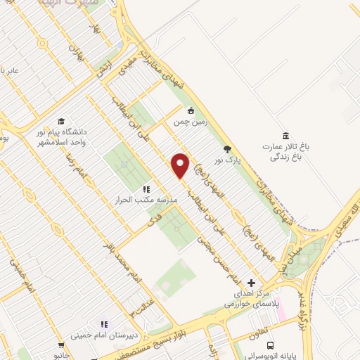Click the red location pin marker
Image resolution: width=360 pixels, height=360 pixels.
coord(180,165)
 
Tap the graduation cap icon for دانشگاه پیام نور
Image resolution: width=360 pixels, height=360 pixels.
coord(61,121)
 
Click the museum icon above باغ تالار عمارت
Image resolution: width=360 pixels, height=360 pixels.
coord(285,136)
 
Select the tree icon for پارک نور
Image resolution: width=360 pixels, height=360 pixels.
coord(226,148)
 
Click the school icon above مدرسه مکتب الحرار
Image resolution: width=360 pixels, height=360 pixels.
coord(146,188)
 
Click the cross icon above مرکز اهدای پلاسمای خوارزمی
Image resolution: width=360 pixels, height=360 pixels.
coord(252,282)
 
